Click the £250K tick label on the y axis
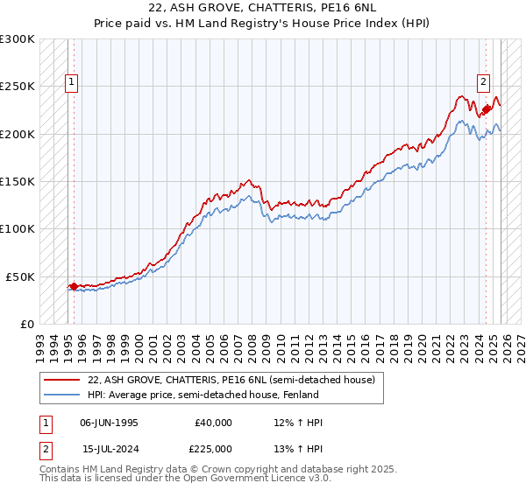[18, 87]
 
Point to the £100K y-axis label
[18, 228]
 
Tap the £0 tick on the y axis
[27, 324]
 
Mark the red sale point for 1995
[74, 285]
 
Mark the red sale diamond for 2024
[487, 109]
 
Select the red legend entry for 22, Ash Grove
[231, 380]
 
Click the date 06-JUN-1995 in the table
[109, 423]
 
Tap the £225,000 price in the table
[213, 449]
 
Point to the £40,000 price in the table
[213, 423]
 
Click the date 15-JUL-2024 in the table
[109, 449]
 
